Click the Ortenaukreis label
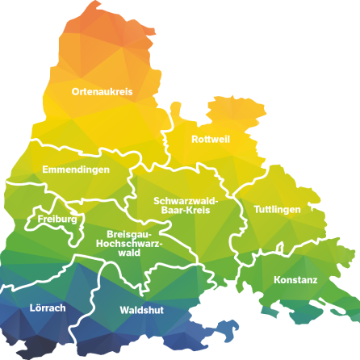(101, 91)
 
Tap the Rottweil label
(211, 140)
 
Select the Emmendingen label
(76, 170)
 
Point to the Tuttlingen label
(277, 209)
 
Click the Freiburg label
(57, 219)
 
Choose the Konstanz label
(295, 280)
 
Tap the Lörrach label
(48, 308)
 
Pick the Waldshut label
(142, 310)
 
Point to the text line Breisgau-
(129, 234)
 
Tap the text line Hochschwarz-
(129, 243)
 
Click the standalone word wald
(129, 253)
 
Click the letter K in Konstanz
(277, 280)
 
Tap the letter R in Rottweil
(195, 140)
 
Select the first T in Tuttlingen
(257, 209)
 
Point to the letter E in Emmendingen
(45, 170)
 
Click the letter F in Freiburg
(40, 219)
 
